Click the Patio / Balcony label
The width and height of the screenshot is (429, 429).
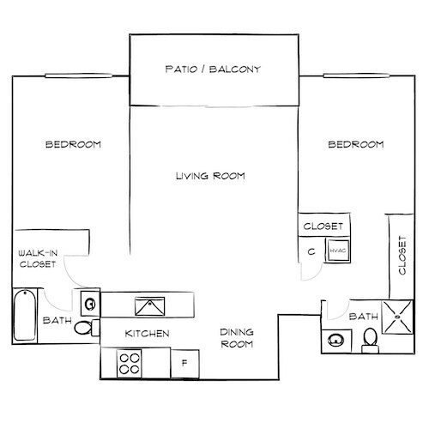pyautogui.click(x=213, y=69)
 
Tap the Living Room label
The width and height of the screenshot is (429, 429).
pyautogui.click(x=210, y=177)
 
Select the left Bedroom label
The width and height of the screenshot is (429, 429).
pyautogui.click(x=73, y=145)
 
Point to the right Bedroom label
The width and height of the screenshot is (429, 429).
pyautogui.click(x=355, y=145)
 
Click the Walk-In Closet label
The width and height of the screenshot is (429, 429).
pyautogui.click(x=37, y=259)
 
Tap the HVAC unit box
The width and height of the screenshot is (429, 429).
pyautogui.click(x=335, y=251)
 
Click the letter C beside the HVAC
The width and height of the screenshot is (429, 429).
pyautogui.click(x=311, y=252)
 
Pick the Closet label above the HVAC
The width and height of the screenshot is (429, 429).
pyautogui.click(x=324, y=227)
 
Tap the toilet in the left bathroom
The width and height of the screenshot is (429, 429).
pyautogui.click(x=83, y=328)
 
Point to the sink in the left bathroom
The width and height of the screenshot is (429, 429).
pyautogui.click(x=90, y=302)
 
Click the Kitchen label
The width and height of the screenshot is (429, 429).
pyautogui.click(x=147, y=334)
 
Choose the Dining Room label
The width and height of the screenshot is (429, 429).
pyautogui.click(x=236, y=338)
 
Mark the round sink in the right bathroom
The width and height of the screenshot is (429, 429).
pyautogui.click(x=335, y=341)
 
